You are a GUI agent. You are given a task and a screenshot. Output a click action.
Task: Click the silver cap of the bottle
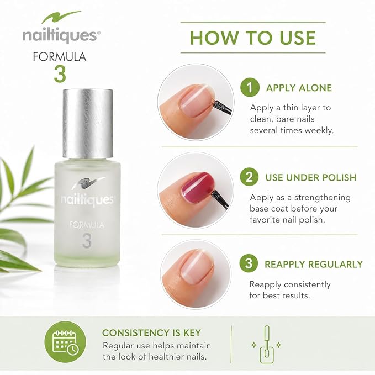coord(88,123)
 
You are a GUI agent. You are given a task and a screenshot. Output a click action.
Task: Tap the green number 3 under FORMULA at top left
coord(60,74)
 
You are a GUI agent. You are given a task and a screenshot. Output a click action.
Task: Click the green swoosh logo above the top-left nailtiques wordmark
coord(61,17)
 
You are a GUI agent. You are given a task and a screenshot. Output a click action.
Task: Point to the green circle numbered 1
coord(250,87)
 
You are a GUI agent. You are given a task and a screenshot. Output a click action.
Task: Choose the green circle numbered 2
coord(249,177)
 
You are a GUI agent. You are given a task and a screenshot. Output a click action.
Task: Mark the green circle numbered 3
coord(249,263)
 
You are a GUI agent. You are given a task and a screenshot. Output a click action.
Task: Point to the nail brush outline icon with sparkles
coord(266,345)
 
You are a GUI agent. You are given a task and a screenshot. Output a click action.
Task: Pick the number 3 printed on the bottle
coord(87,241)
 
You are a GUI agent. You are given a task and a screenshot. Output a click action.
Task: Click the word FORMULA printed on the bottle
coord(87,225)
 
